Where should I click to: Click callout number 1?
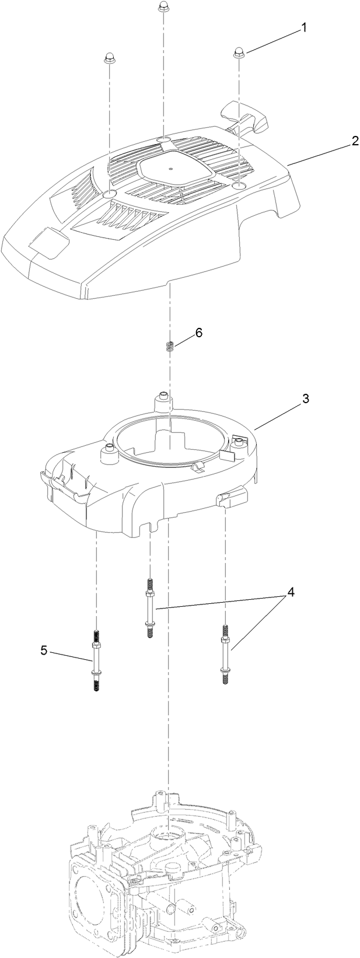(303, 28)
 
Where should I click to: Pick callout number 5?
(44, 651)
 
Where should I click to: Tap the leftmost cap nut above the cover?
(109, 57)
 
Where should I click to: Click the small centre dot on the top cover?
(170, 169)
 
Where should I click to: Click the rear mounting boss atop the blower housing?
(163, 402)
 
